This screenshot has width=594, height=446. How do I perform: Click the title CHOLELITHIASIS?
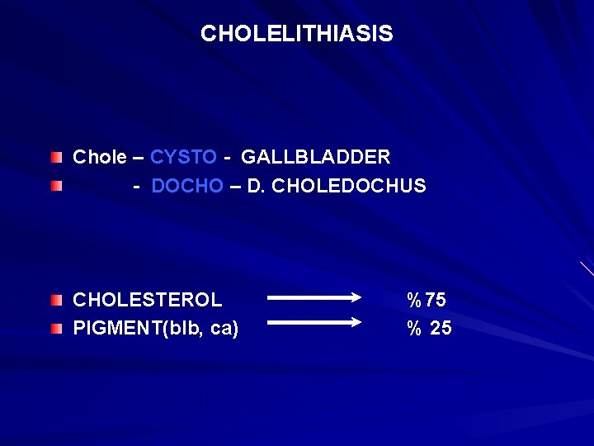click(x=296, y=34)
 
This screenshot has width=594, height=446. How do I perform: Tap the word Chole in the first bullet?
click(x=100, y=157)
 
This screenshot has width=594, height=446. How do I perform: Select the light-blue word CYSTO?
click(x=183, y=157)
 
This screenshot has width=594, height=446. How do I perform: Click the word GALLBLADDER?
click(x=316, y=157)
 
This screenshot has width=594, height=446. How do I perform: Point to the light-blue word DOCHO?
click(x=187, y=187)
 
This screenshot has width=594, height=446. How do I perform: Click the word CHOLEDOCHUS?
click(x=349, y=187)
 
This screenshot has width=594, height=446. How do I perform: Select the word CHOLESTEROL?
click(x=148, y=299)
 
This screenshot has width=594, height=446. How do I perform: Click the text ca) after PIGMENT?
click(x=224, y=329)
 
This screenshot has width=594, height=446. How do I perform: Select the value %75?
click(x=426, y=299)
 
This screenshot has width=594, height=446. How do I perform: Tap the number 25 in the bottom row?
click(x=441, y=329)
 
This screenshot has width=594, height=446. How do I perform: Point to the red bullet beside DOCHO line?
click(x=55, y=187)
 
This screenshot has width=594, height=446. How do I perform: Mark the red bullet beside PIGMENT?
click(x=55, y=329)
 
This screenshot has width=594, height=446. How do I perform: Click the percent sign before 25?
click(x=413, y=329)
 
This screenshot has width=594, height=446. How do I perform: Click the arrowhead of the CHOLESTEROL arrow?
click(x=356, y=297)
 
